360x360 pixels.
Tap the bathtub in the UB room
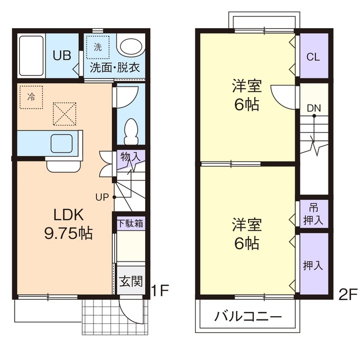[31, 57]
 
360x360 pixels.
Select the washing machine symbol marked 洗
[98, 48]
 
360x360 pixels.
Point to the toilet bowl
[131, 130]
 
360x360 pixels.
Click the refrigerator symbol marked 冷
[30, 96]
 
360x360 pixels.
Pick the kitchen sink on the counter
[61, 143]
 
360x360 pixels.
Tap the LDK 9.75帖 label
[68, 223]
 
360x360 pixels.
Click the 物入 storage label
[130, 157]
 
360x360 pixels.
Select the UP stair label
[102, 197]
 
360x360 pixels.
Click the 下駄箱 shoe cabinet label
[130, 223]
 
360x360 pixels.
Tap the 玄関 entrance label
[130, 280]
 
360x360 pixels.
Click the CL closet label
[313, 57]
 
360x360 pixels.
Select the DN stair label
[314, 108]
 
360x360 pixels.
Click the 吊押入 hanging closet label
[313, 214]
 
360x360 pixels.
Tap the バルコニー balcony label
[248, 317]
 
